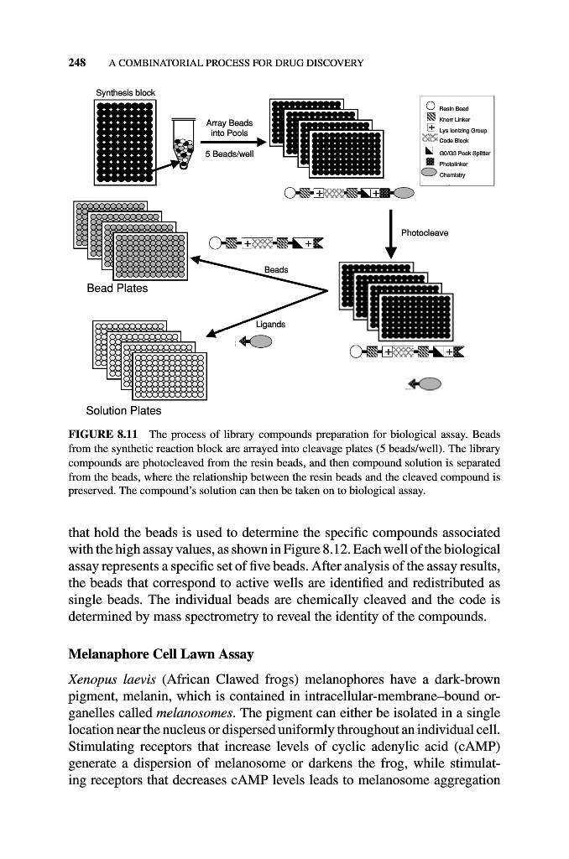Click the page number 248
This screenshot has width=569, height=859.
pyautogui.click(x=78, y=62)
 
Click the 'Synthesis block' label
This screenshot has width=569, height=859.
pyautogui.click(x=124, y=91)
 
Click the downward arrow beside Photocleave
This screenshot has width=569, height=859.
pyautogui.click(x=392, y=234)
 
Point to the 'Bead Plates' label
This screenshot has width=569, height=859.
pyautogui.click(x=117, y=289)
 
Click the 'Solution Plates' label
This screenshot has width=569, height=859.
pyautogui.click(x=124, y=410)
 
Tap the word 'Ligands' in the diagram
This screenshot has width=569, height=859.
pyautogui.click(x=270, y=324)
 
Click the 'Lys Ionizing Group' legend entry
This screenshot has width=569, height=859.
pyautogui.click(x=466, y=131)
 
